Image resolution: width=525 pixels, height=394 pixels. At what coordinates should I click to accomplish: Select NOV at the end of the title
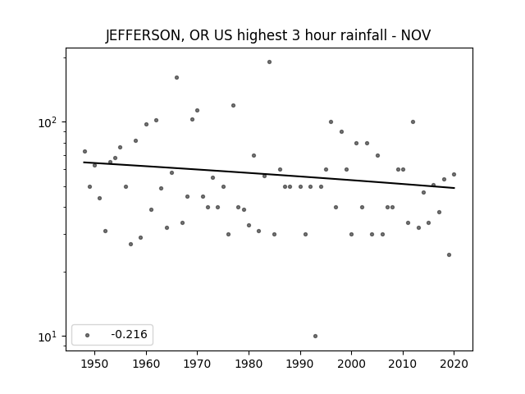(416, 35)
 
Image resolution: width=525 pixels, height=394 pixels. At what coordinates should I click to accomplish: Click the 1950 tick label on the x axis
(95, 364)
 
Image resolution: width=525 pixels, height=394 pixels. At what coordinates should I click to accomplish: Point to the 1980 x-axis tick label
(249, 364)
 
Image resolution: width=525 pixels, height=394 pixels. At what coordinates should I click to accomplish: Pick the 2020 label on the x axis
(454, 364)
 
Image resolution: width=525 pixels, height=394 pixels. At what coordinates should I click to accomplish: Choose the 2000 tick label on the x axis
(352, 364)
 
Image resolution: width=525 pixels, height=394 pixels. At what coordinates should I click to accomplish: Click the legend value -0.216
(129, 334)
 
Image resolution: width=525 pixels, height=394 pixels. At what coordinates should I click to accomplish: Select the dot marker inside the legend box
(88, 335)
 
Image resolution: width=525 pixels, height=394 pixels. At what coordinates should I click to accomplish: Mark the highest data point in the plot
(270, 62)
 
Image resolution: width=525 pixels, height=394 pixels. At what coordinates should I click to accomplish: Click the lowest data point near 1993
(315, 336)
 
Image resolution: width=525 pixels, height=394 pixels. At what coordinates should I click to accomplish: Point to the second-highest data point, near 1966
(177, 78)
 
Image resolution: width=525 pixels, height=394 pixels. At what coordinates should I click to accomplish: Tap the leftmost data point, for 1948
(84, 151)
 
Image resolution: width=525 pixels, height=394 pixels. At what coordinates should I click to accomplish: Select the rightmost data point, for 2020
(454, 174)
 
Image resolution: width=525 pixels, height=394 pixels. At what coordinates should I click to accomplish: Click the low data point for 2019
(449, 255)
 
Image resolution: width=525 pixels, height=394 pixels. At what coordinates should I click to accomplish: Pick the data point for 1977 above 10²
(233, 106)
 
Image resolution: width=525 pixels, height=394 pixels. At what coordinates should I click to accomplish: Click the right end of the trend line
(454, 188)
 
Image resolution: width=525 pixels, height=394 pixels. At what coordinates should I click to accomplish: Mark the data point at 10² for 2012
(413, 122)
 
